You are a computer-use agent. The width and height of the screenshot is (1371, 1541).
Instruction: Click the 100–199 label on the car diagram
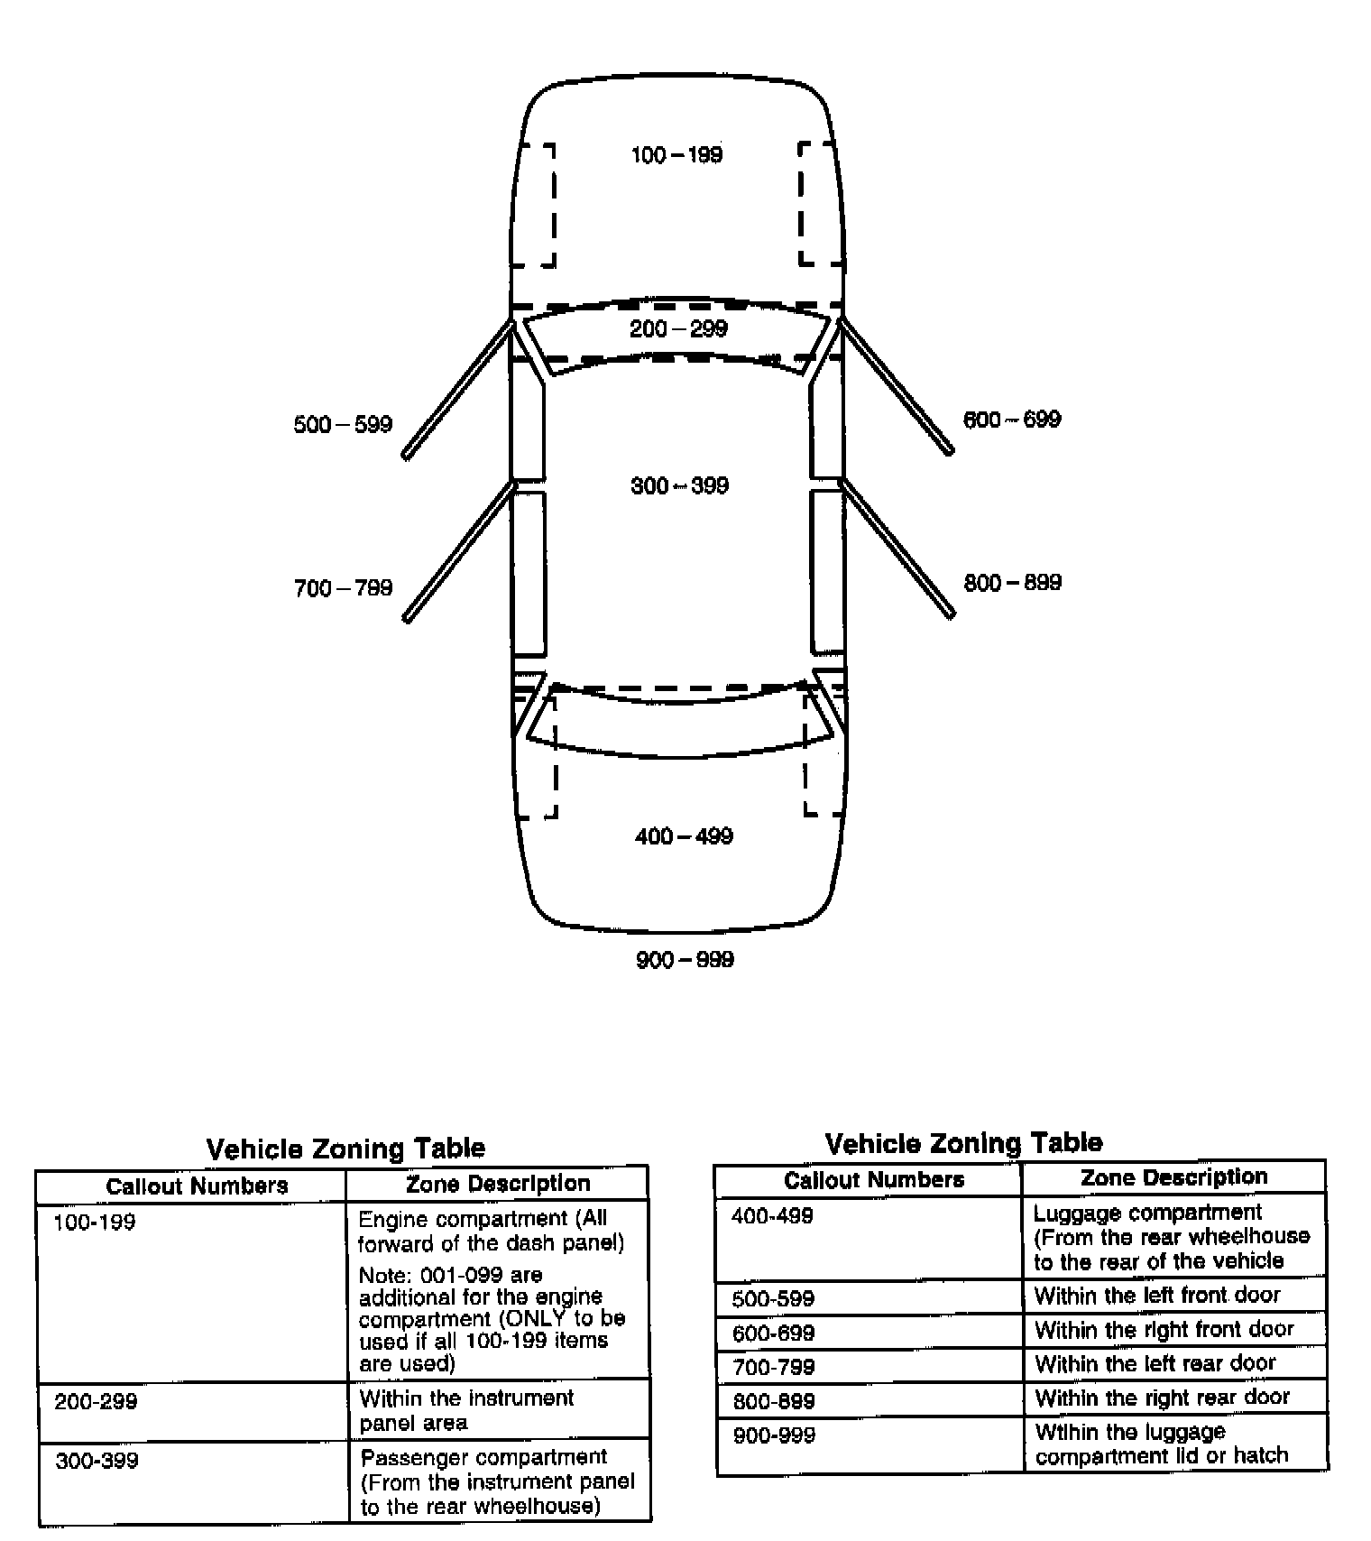click(676, 155)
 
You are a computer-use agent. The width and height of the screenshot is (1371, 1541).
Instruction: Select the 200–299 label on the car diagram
click(678, 328)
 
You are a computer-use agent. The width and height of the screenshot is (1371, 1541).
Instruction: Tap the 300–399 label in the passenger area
click(679, 486)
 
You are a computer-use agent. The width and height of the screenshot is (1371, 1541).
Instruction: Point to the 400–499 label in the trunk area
click(684, 836)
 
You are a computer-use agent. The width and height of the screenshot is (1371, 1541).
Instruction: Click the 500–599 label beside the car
click(343, 425)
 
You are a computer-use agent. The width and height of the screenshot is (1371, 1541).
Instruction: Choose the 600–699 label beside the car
click(1012, 420)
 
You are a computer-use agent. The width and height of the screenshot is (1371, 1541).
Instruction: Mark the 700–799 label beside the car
click(343, 588)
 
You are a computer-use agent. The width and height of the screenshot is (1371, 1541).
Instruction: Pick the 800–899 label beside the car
click(1012, 583)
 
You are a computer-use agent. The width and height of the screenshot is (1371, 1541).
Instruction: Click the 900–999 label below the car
click(685, 960)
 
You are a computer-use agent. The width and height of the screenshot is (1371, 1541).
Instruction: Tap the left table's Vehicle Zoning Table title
click(345, 1149)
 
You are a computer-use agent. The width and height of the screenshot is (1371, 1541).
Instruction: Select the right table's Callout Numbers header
click(873, 1180)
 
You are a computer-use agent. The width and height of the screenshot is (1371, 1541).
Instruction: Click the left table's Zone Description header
click(498, 1184)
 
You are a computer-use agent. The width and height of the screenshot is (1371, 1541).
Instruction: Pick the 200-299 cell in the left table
click(96, 1402)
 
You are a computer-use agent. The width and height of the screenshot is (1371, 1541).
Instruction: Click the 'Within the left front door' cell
click(1157, 1296)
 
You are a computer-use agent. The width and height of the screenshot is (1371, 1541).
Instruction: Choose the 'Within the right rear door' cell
click(1162, 1398)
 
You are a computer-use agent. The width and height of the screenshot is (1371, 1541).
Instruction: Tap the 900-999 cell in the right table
click(774, 1435)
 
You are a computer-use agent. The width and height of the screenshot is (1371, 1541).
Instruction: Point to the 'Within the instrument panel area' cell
click(466, 1410)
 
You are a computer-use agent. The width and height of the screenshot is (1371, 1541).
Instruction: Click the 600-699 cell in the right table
click(773, 1333)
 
